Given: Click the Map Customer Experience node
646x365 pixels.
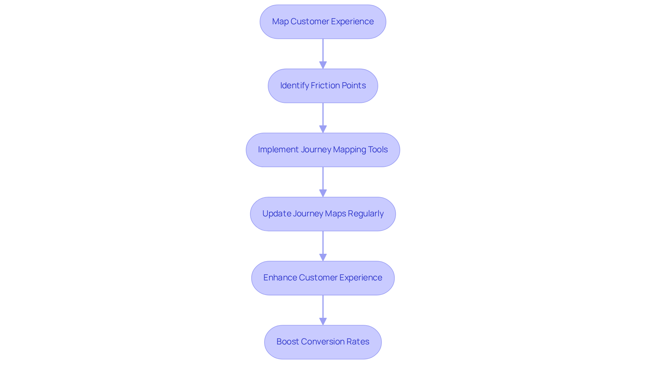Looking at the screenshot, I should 323,22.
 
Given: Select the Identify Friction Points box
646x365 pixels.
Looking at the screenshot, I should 323,86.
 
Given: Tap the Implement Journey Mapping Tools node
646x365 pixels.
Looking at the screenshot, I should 323,150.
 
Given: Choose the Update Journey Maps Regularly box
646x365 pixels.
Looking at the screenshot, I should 323,214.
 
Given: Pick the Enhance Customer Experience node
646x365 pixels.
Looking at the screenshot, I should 323,278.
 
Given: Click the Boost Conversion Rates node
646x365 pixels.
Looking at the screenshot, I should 323,342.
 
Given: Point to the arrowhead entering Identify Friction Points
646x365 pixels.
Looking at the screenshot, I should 323,65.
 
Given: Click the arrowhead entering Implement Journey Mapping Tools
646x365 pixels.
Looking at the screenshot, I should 323,129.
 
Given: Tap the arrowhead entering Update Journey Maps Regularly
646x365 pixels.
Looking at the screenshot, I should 323,193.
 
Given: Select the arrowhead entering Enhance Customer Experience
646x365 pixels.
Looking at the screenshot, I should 323,257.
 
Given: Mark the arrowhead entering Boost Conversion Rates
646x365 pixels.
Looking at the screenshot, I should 323,321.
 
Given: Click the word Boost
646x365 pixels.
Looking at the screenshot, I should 287,342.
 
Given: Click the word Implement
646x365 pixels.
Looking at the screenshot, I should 278,150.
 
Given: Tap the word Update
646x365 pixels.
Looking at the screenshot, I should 276,214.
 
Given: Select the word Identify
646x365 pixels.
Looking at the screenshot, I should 294,86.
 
